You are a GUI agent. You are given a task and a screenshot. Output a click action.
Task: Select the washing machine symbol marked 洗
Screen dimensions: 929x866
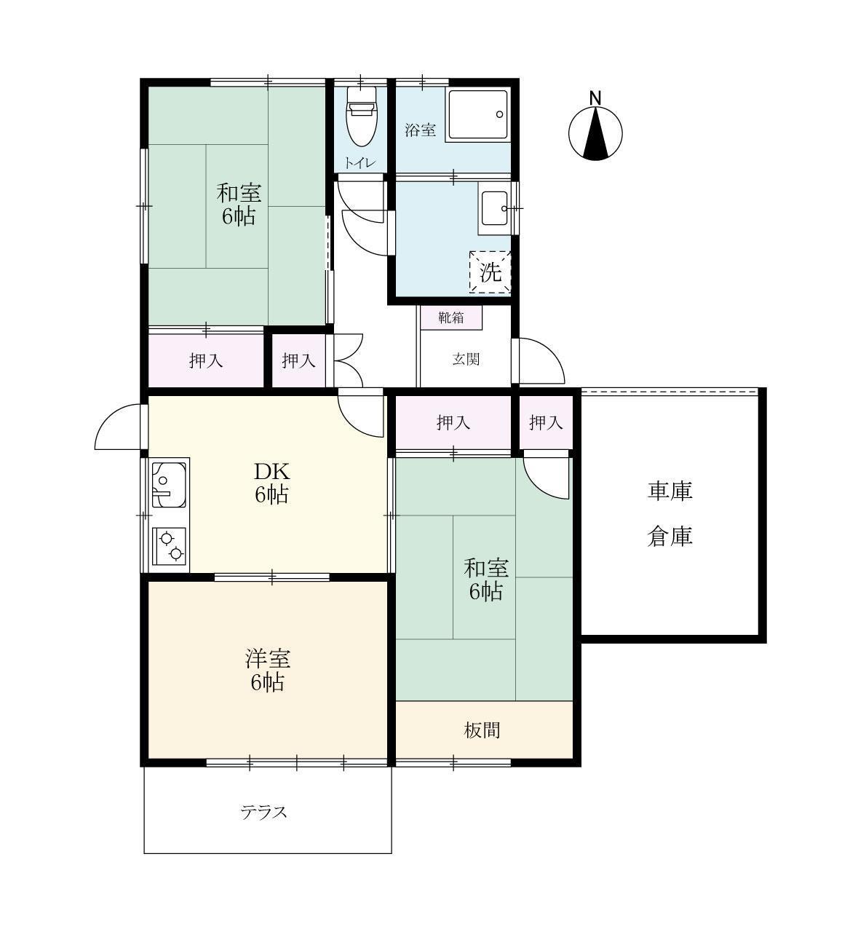pos(490,272)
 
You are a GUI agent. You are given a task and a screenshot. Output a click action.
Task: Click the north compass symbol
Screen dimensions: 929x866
pos(595,133)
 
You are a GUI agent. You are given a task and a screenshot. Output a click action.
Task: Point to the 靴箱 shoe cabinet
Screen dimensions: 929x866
pos(450,317)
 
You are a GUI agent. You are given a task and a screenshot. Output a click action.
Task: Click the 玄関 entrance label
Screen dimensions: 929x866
pos(465,359)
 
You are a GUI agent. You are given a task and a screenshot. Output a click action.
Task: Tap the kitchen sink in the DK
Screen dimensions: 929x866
pos(168,483)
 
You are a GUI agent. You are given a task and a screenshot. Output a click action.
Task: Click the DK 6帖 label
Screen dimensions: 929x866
pos(271,482)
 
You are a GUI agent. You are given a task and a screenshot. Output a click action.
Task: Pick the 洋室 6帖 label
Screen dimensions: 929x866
pos(267,671)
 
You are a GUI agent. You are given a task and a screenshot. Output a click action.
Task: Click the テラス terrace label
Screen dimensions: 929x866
pos(264,812)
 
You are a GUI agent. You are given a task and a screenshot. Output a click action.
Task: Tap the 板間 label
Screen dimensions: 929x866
pos(482,730)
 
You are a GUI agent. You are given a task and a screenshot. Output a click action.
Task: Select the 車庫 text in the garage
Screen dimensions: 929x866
pos(670,491)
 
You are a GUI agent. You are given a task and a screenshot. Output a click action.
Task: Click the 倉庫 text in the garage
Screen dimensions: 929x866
pos(670,537)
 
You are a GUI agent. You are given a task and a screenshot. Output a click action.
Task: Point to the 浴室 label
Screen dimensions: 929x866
pos(421,130)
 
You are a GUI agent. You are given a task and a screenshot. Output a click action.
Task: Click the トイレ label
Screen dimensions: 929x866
pos(360,162)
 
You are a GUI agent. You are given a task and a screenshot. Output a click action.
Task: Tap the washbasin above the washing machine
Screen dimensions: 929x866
pos(495,207)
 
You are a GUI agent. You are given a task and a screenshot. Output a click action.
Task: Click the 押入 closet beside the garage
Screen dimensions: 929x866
pos(545,422)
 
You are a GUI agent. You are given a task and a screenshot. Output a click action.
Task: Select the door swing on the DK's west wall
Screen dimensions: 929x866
pos(118,428)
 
